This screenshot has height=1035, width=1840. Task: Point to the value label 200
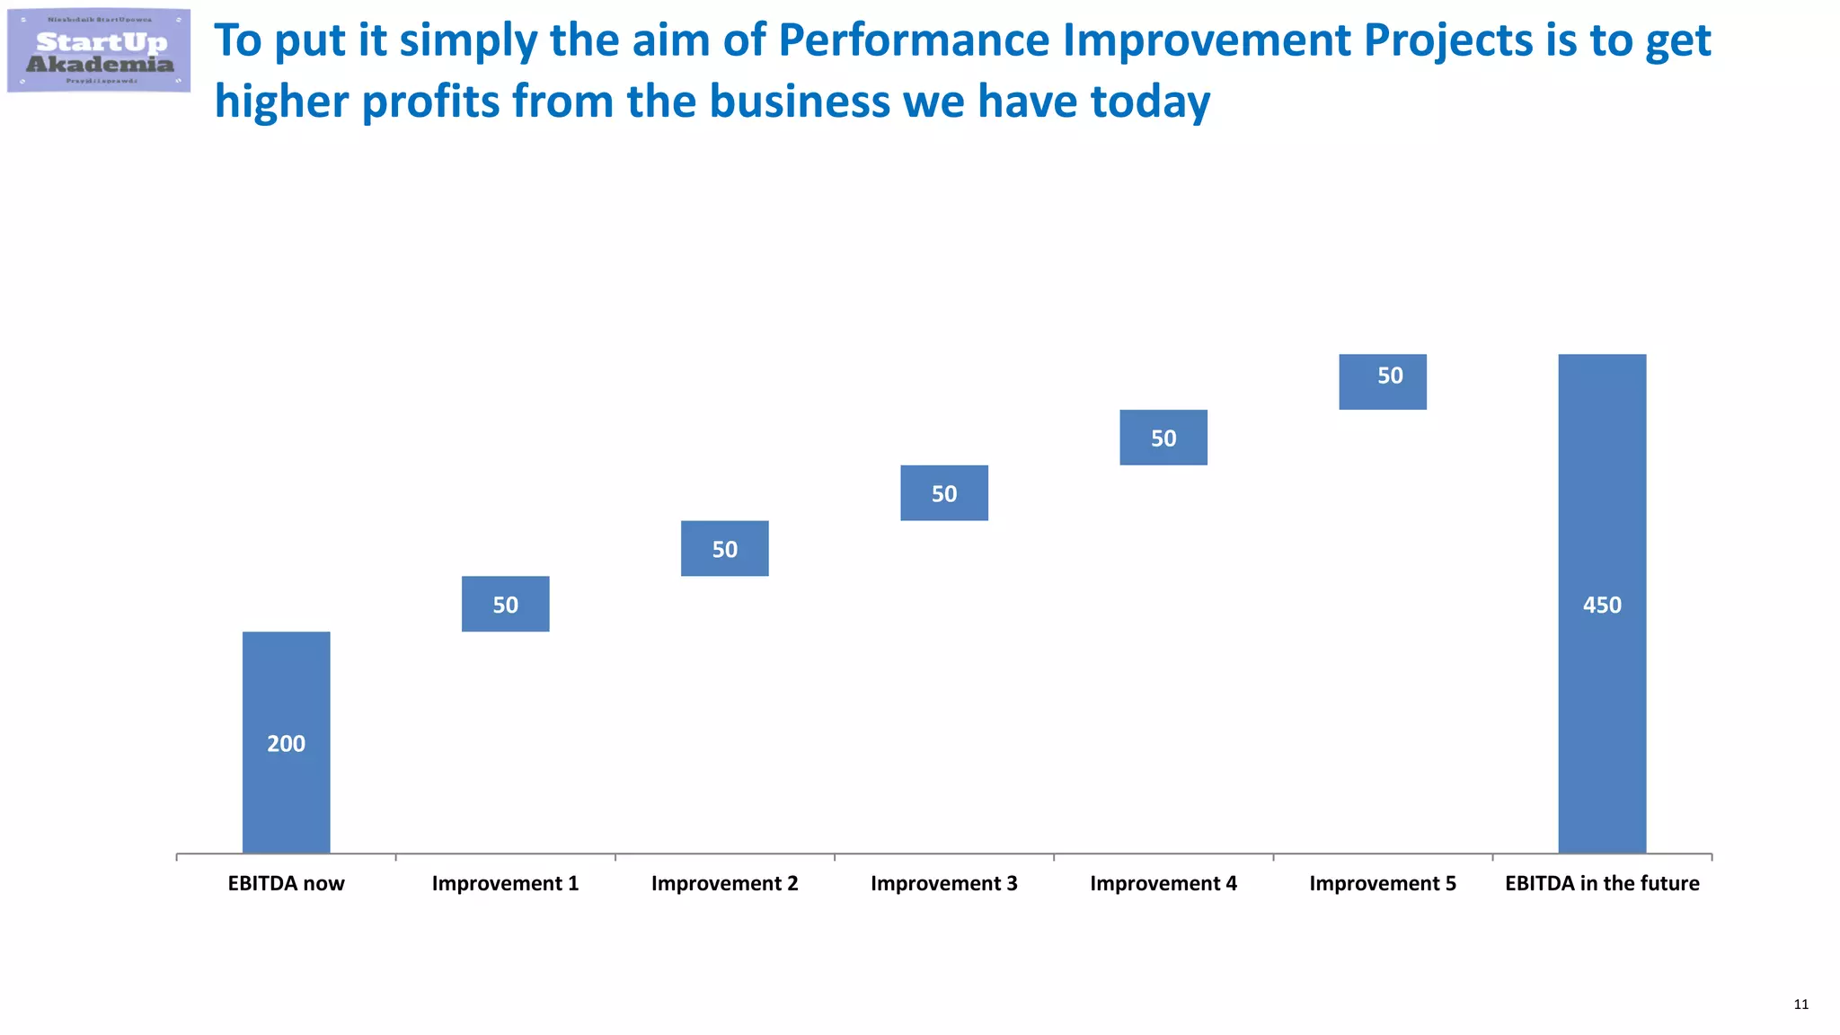(286, 744)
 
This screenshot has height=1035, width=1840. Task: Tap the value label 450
(1602, 606)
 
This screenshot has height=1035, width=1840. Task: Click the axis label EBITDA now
(286, 883)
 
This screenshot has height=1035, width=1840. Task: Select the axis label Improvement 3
(943, 883)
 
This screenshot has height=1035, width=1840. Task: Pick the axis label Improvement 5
(1382, 883)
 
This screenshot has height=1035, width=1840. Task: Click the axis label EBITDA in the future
(1602, 883)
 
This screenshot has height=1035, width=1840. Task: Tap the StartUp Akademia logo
(99, 50)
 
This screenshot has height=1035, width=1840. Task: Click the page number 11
(1800, 1004)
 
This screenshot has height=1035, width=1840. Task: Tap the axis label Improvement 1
(505, 883)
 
